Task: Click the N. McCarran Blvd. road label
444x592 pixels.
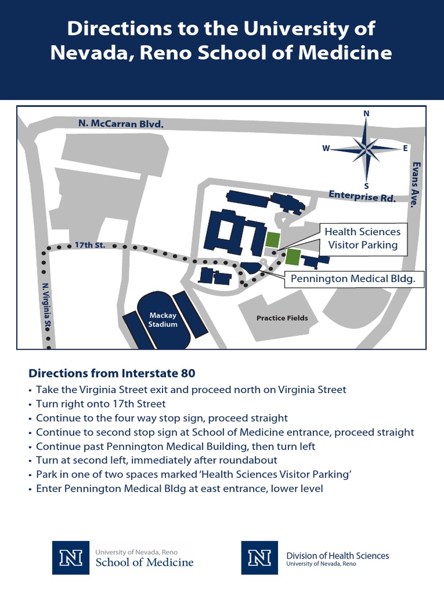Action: [121, 123]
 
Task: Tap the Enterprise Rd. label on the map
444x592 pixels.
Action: [362, 196]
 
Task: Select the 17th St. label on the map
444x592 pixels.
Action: [90, 245]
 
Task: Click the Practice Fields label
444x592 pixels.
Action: [282, 318]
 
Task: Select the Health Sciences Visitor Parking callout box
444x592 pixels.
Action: [362, 238]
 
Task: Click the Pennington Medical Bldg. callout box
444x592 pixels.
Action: [353, 279]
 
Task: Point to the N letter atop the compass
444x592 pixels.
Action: [366, 114]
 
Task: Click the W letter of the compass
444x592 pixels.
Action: [326, 149]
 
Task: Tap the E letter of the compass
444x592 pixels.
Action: [405, 148]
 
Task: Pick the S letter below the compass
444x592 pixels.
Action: [366, 186]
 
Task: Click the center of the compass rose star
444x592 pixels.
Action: [366, 149]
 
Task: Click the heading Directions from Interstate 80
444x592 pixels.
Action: [116, 372]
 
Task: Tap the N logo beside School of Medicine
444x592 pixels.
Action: [71, 558]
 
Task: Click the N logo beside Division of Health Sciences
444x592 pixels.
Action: [260, 558]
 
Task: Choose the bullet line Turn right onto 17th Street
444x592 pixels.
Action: [101, 404]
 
